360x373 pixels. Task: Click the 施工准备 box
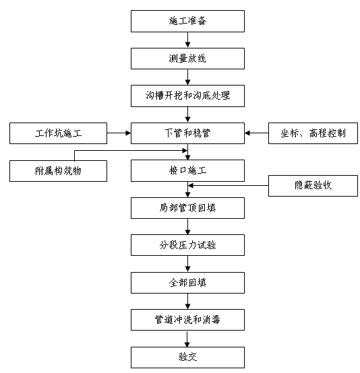pyautogui.click(x=187, y=21)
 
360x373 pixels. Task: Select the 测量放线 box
pyautogui.click(x=187, y=58)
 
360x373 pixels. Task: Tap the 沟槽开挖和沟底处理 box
pyautogui.click(x=187, y=96)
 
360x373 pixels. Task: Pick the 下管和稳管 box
pyautogui.click(x=187, y=133)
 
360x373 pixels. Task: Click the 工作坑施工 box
pyautogui.click(x=58, y=133)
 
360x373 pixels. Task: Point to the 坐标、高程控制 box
pyautogui.click(x=313, y=133)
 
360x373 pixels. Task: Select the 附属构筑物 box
pyautogui.click(x=58, y=170)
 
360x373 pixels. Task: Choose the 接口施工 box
pyautogui.click(x=187, y=170)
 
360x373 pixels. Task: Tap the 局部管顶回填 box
pyautogui.click(x=187, y=208)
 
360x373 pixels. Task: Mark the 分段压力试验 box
pyautogui.click(x=187, y=245)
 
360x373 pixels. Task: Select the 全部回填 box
pyautogui.click(x=187, y=282)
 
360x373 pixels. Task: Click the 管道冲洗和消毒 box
pyautogui.click(x=187, y=319)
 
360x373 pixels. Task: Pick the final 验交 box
pyautogui.click(x=187, y=357)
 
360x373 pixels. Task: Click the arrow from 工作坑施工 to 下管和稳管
pyautogui.click(x=119, y=133)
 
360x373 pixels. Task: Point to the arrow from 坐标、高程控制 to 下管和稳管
pyautogui.click(x=256, y=133)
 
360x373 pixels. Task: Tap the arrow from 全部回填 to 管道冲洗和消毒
pyautogui.click(x=187, y=301)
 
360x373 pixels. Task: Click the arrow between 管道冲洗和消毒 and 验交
pyautogui.click(x=187, y=338)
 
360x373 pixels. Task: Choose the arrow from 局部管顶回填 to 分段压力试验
pyautogui.click(x=187, y=226)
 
